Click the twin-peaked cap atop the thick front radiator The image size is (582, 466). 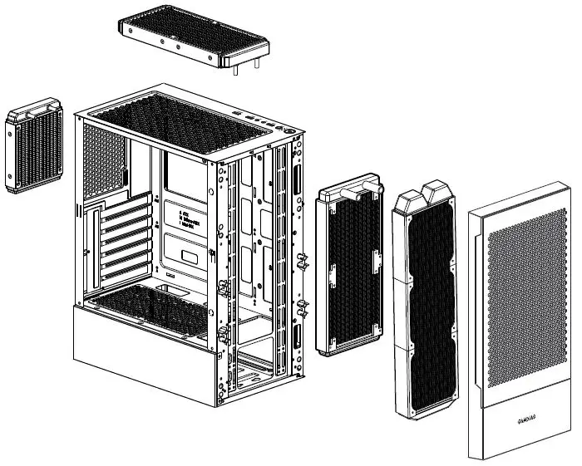click(427, 197)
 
